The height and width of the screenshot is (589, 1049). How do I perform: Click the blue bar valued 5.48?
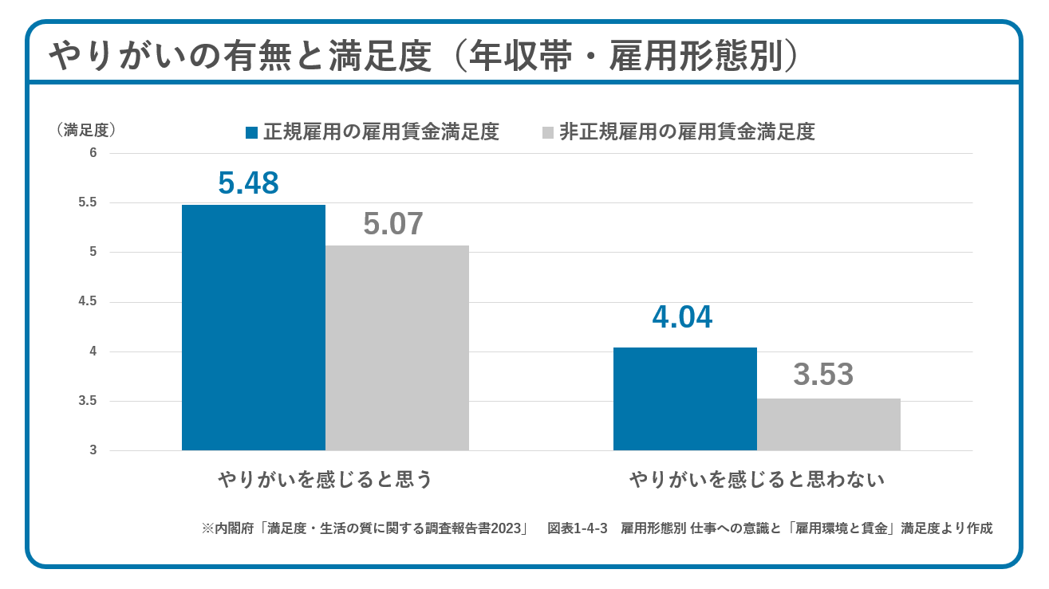click(253, 327)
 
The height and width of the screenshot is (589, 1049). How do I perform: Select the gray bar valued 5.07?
click(396, 348)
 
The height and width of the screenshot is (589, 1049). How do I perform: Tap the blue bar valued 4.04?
click(684, 399)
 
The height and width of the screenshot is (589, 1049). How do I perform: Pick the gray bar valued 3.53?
click(828, 424)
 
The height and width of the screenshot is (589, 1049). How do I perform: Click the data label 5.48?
click(248, 183)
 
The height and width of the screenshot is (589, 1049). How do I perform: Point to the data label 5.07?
click(393, 225)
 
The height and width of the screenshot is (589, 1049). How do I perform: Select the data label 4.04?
click(682, 318)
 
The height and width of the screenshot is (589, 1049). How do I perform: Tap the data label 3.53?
click(823, 375)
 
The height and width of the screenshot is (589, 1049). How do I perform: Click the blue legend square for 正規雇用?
click(252, 132)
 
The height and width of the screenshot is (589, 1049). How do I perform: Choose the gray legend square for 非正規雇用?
click(547, 132)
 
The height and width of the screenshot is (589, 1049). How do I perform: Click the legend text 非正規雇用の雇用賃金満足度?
click(687, 132)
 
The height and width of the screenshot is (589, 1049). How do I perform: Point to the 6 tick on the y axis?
click(93, 153)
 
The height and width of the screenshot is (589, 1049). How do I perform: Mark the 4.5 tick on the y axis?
click(88, 302)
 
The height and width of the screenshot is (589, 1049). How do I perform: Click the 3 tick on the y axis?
click(93, 450)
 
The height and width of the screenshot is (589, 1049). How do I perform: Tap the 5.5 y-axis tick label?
click(88, 202)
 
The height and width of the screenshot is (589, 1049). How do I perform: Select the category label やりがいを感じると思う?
click(325, 480)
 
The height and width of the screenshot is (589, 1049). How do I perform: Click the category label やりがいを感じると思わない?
click(757, 480)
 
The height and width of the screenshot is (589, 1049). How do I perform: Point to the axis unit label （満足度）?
click(88, 129)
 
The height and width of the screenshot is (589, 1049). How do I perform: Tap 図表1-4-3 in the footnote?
click(578, 528)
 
